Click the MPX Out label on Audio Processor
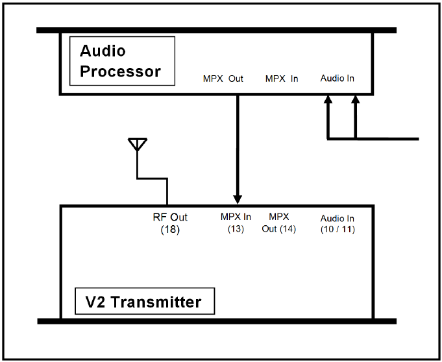pos(223,78)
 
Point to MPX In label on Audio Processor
pos(282,78)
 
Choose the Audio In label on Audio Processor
pos(337,78)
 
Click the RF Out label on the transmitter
pos(170,217)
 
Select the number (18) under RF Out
pos(170,229)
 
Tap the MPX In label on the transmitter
pos(236,217)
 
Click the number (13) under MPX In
pos(236,229)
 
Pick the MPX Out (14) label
pos(279,223)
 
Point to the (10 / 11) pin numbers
pos(338,229)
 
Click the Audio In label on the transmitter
pos(337,219)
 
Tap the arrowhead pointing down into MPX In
pos(238,199)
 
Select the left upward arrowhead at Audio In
pos(328,99)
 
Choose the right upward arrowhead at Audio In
pos(356,99)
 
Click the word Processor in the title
pos(120,71)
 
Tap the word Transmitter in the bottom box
pos(156,302)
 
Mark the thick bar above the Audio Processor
pos(217,30)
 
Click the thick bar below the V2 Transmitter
pos(217,321)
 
